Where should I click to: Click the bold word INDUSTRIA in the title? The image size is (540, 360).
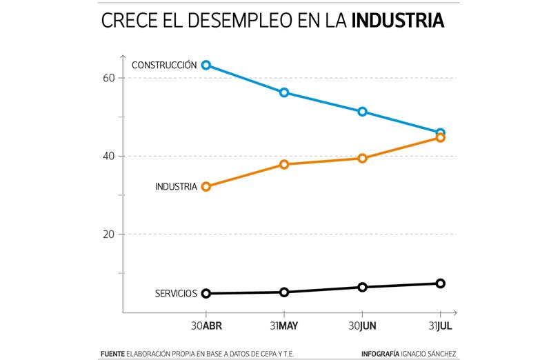397,21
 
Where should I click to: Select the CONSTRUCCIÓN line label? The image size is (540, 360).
164,65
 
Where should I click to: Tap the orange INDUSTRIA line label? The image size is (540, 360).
176,186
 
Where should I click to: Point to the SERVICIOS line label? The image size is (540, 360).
176,294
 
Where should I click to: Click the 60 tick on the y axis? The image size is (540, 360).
108,78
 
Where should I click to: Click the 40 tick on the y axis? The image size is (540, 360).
108,156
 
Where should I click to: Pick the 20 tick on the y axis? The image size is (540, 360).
108,234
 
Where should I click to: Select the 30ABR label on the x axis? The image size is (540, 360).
206,326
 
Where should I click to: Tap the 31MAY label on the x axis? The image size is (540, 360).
284,326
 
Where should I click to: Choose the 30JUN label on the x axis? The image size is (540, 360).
363,326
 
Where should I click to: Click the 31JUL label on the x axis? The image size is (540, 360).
440,326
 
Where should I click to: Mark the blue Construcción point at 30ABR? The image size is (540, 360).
206,65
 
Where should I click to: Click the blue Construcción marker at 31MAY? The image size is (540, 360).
284,92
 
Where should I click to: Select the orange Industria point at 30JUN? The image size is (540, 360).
363,158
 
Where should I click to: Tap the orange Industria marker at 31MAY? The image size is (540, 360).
284,164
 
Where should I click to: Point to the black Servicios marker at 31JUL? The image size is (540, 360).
441,283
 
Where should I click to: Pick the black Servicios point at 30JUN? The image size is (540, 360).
363,287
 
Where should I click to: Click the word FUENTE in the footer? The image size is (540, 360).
112,354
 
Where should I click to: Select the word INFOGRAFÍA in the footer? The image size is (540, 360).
380,354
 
